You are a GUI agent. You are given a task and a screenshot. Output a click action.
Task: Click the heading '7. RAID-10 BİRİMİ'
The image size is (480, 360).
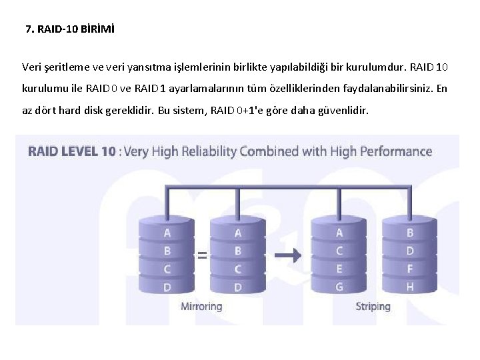tap(69, 29)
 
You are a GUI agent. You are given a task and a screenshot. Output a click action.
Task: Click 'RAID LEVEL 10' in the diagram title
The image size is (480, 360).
tap(71, 151)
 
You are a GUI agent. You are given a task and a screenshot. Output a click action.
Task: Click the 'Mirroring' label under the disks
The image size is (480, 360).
tap(201, 307)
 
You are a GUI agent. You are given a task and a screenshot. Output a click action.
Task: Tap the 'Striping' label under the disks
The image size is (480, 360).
tap(373, 307)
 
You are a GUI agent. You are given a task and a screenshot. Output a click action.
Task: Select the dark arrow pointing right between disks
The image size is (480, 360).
tap(289, 254)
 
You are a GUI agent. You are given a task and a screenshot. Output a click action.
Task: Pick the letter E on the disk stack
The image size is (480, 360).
tap(339, 269)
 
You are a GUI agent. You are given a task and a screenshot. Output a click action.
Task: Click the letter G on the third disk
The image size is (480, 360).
tap(339, 287)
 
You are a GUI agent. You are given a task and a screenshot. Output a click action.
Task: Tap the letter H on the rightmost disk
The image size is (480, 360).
tap(410, 287)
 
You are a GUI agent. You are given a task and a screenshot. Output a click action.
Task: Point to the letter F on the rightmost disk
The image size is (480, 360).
tap(410, 269)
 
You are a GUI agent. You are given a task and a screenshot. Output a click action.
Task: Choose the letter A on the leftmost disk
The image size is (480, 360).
tap(167, 233)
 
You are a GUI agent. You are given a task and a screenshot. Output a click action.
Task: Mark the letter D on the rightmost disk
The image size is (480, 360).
tap(410, 251)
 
